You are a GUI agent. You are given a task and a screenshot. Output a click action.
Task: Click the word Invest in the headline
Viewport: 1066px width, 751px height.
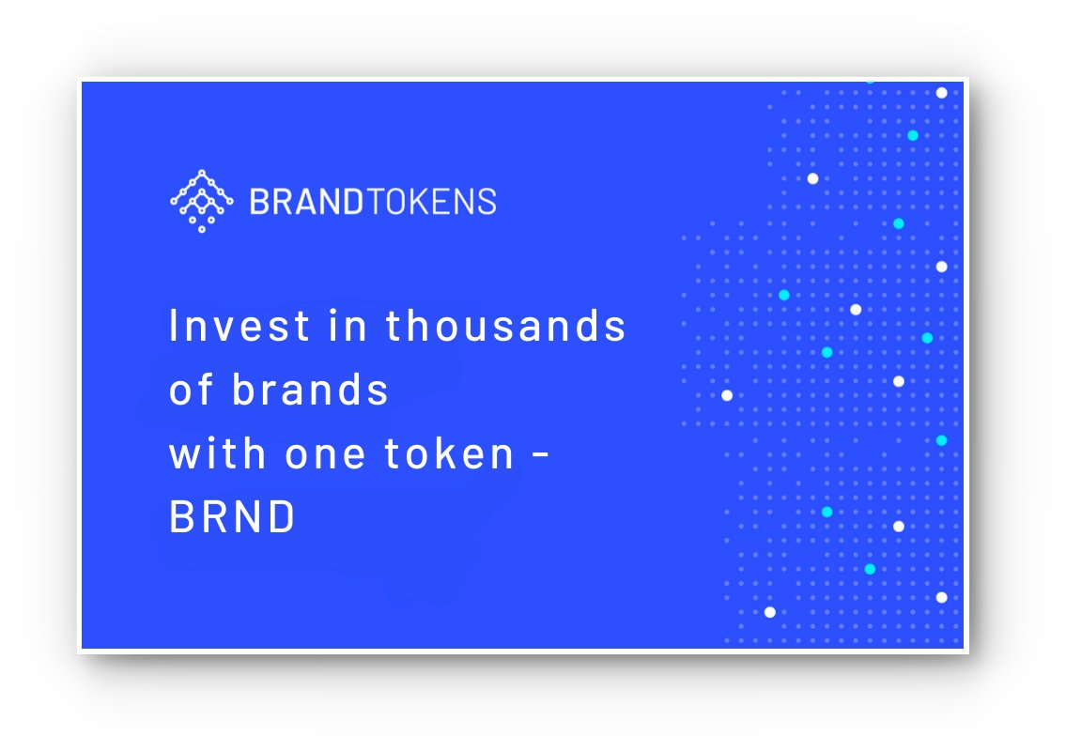pos(239,325)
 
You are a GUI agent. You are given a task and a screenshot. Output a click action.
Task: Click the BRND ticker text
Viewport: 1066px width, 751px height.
pos(232,516)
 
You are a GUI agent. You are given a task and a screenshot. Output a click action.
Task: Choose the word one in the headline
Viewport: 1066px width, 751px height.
pos(325,455)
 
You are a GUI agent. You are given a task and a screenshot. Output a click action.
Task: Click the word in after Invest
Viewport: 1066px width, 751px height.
pos(348,325)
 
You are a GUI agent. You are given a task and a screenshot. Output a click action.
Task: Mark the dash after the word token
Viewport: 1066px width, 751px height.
pos(540,454)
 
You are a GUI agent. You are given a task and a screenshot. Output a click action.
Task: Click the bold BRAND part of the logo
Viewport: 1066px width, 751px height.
pos(306,201)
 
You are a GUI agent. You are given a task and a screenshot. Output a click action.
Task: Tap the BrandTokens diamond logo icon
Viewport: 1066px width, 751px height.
pos(202,201)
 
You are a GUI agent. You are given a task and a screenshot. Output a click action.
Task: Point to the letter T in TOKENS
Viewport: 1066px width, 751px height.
pos(375,201)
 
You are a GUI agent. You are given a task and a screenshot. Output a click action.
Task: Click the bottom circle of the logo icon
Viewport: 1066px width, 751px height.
pos(202,230)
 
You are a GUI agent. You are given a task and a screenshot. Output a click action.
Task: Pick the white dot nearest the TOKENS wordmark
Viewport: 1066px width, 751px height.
pos(812,178)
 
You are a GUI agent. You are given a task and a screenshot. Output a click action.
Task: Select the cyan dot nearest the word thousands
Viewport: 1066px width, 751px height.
pos(784,295)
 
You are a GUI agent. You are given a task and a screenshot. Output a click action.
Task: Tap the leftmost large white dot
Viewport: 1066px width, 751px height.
pos(727,395)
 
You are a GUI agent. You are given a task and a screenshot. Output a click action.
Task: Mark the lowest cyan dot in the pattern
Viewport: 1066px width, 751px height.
pos(870,569)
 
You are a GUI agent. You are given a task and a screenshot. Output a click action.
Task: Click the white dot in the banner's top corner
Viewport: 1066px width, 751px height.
pos(942,92)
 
